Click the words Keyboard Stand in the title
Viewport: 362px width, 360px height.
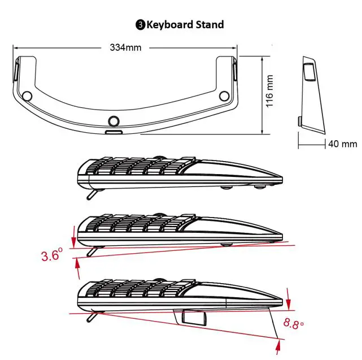tap(185, 24)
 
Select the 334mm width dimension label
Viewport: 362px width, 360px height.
tap(125, 47)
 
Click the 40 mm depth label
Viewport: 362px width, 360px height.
tap(342, 144)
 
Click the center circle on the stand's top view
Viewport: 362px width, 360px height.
tap(114, 120)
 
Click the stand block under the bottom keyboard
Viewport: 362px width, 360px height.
tap(191, 317)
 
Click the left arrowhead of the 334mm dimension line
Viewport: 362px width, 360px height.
tap(14, 47)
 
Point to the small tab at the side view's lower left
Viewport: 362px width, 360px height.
tap(299, 121)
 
